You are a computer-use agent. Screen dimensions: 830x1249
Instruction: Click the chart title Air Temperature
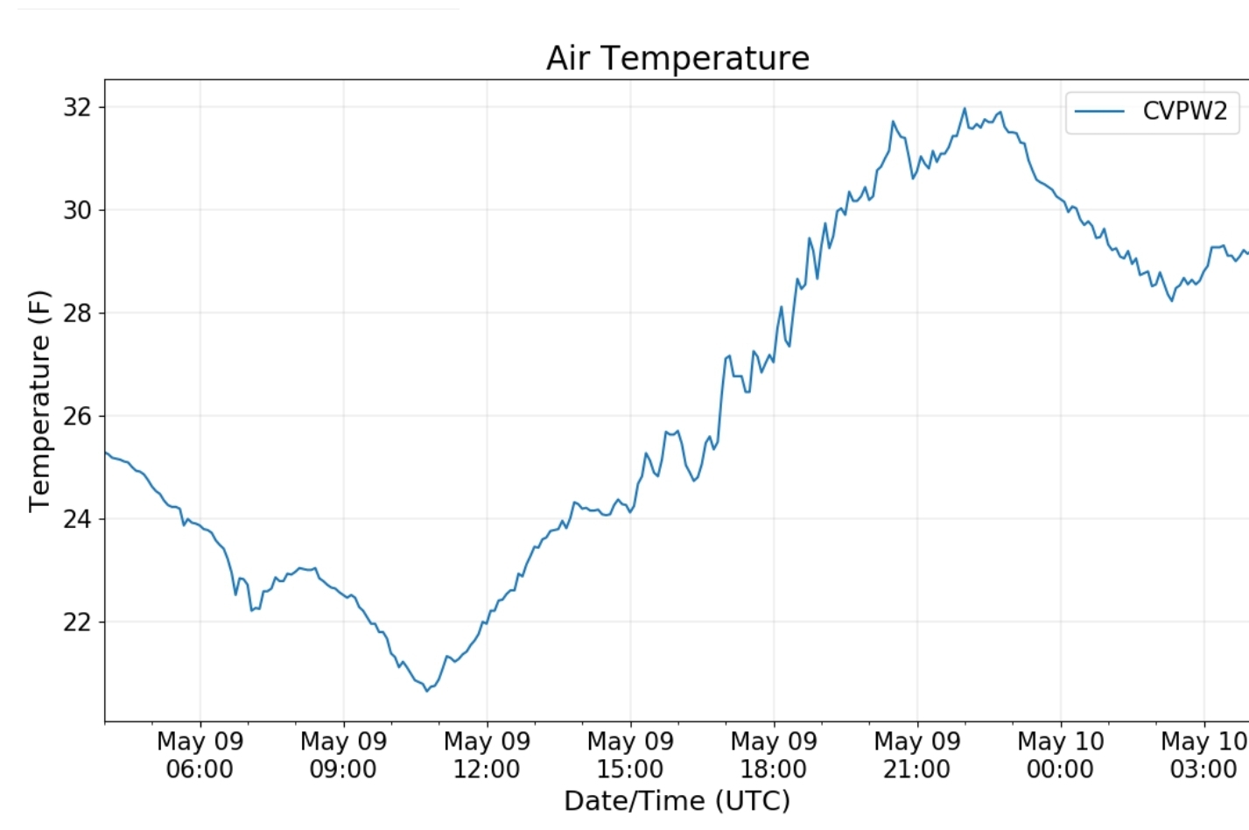point(677,58)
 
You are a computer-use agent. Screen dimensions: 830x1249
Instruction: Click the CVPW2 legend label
point(1184,111)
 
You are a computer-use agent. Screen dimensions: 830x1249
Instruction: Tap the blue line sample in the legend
point(1099,111)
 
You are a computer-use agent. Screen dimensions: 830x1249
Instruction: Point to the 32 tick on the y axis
point(77,107)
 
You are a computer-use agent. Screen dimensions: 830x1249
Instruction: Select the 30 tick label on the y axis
point(77,210)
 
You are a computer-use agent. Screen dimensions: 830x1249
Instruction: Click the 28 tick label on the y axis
point(77,313)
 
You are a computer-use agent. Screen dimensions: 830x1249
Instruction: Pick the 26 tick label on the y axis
point(77,416)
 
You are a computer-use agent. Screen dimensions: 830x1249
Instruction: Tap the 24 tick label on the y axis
point(77,519)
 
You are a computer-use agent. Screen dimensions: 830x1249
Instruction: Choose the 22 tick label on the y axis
point(77,622)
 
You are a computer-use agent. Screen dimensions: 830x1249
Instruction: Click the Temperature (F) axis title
point(39,401)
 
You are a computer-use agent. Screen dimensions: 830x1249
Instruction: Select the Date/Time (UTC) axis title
point(677,800)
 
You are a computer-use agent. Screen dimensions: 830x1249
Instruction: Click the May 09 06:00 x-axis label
point(200,755)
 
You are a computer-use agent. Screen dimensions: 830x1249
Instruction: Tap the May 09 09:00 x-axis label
point(343,755)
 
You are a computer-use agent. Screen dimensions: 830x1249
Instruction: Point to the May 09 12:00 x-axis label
point(487,755)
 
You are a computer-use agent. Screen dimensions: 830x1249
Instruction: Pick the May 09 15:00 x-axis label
point(630,755)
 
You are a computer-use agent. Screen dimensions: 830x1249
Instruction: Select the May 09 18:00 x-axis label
point(774,755)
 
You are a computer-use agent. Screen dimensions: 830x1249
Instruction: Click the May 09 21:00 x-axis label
point(917,755)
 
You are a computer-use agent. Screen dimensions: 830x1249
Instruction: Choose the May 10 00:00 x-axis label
point(1061,755)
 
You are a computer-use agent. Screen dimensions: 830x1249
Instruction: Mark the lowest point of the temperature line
point(427,691)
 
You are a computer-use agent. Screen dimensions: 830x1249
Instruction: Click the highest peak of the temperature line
point(965,109)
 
